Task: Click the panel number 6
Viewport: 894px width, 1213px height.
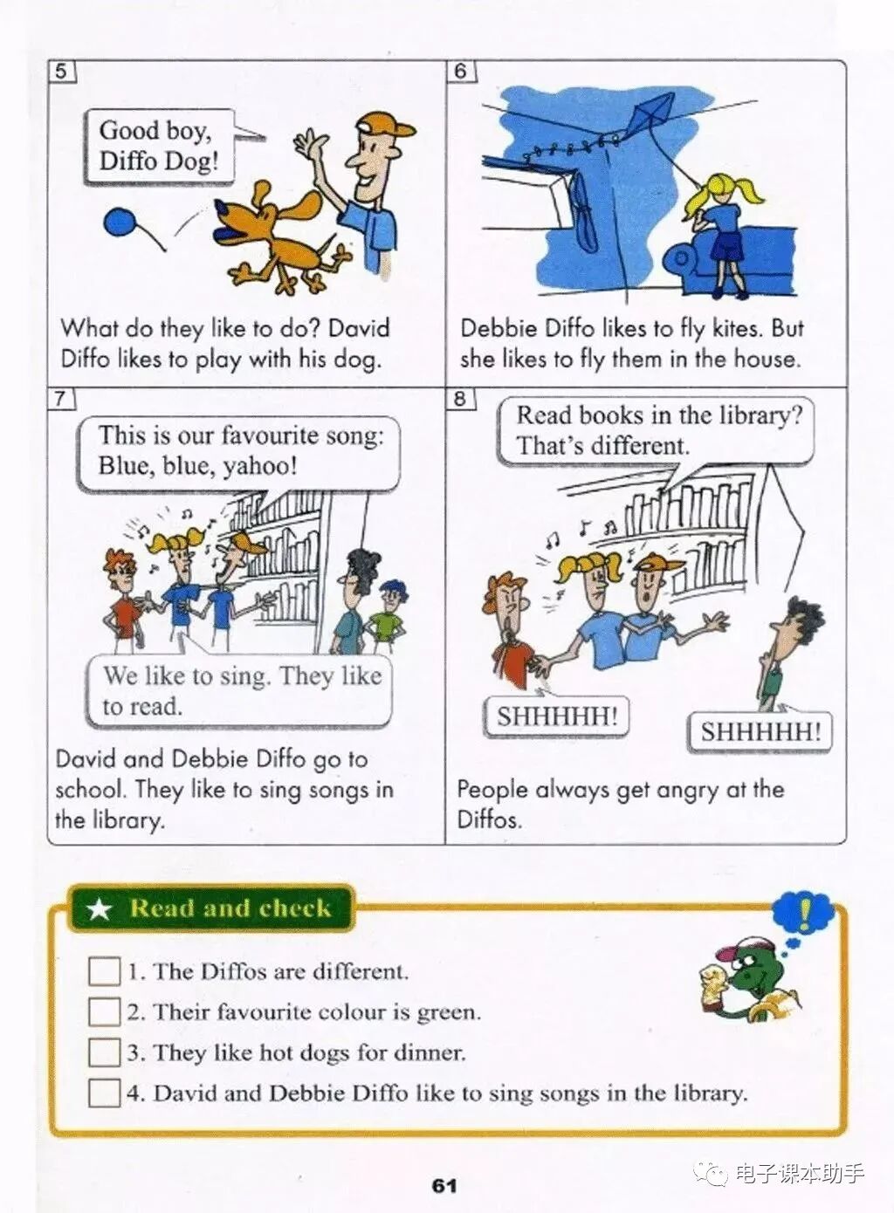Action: [x=460, y=71]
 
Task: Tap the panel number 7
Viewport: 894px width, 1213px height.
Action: [x=60, y=398]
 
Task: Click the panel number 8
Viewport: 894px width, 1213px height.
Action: [x=459, y=399]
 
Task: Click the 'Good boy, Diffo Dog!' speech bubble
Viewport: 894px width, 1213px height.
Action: [x=159, y=147]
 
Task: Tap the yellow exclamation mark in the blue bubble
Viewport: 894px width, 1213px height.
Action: [x=805, y=912]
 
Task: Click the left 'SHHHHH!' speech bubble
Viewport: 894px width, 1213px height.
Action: [x=556, y=716]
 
